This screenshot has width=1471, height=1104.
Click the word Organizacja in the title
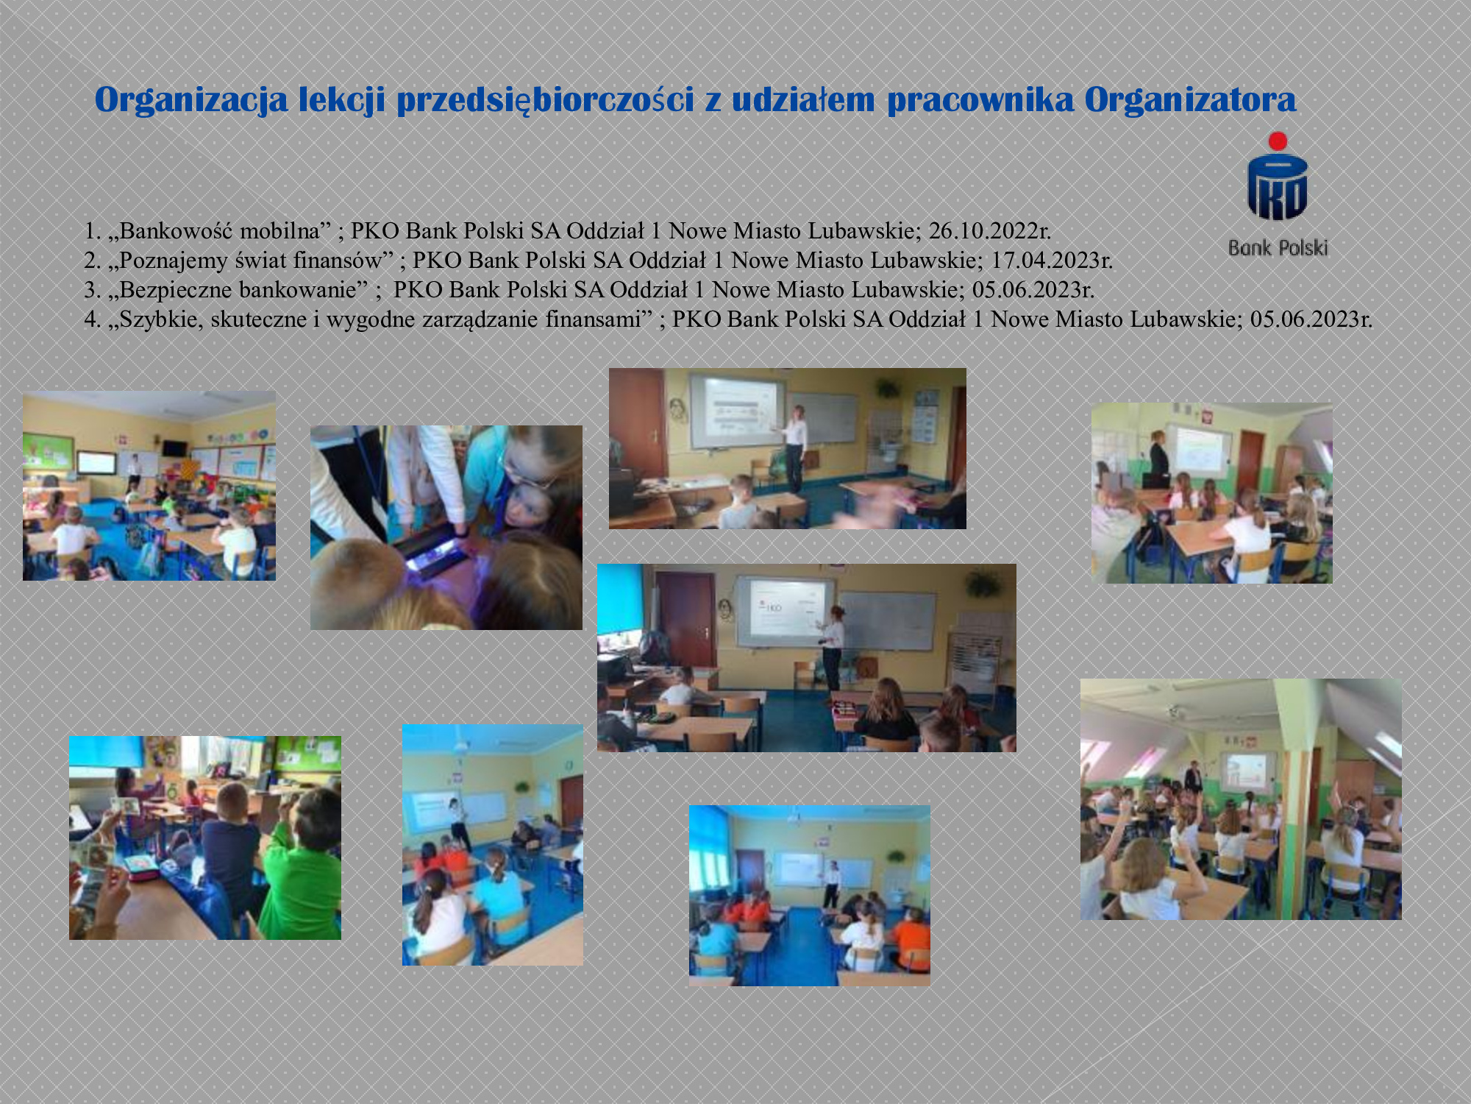point(191,100)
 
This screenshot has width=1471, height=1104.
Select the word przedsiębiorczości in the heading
point(545,100)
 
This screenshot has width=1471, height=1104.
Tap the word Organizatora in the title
point(1190,99)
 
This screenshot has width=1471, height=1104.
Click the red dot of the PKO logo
point(1278,141)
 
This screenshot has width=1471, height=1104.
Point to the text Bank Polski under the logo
point(1278,248)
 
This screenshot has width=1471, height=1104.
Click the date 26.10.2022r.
point(989,231)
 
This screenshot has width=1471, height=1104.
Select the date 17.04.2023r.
point(1052,261)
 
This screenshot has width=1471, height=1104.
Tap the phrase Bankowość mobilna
point(219,231)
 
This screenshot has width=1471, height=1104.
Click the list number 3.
point(90,290)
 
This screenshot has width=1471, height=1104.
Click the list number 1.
point(90,231)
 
